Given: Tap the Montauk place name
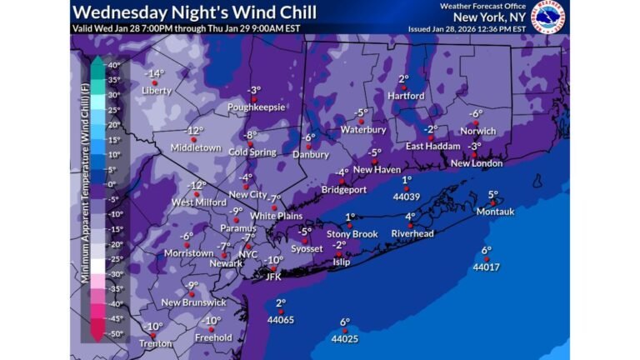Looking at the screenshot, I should coord(495,212).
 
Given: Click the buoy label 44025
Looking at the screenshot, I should coord(344,339).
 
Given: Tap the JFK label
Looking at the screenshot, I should coord(273,277).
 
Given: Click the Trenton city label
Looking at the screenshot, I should coord(156,343).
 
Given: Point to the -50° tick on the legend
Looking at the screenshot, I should coord(113,333).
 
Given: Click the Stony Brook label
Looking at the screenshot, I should coord(352,234).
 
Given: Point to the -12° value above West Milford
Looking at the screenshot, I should coord(196,185).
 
